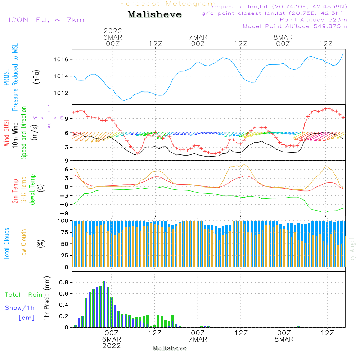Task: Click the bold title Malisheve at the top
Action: click(154, 15)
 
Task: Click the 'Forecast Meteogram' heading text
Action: click(168, 4)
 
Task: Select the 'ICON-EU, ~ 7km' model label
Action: click(46, 19)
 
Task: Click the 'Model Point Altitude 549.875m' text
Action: click(295, 26)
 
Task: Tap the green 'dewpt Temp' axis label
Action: click(33, 189)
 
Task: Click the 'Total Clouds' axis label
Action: click(7, 243)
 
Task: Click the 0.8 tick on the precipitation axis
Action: click(64, 283)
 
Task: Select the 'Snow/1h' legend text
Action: click(20, 308)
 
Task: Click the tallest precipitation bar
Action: click(104, 304)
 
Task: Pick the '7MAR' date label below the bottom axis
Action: click(198, 339)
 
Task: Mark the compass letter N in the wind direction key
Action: click(49, 107)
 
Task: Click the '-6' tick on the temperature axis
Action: click(66, 204)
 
